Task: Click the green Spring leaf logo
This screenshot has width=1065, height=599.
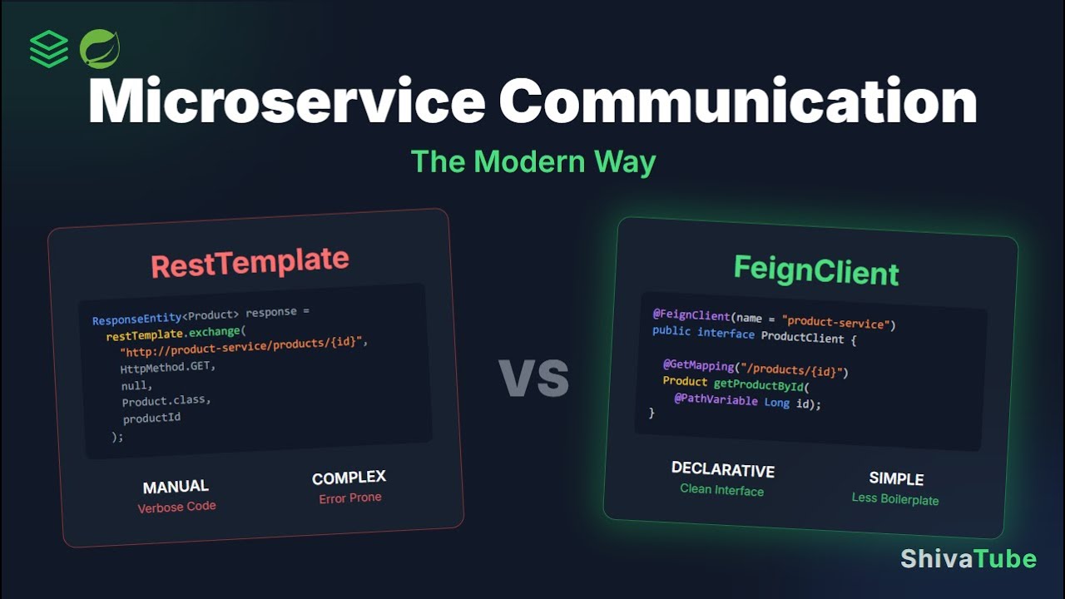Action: click(100, 49)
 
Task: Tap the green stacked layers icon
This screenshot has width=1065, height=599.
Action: click(49, 49)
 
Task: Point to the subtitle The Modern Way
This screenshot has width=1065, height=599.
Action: click(533, 161)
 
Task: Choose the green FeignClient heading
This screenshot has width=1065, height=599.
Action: click(815, 271)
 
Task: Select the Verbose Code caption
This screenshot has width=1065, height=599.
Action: click(176, 507)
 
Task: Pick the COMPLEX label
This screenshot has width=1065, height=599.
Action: click(349, 478)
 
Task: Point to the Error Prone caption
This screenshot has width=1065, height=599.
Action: click(350, 498)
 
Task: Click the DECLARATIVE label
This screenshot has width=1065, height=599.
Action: click(722, 470)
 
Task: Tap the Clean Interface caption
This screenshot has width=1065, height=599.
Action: click(721, 490)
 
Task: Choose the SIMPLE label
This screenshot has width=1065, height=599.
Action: click(896, 479)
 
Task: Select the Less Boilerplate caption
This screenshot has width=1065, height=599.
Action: click(894, 499)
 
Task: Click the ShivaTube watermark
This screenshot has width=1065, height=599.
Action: click(968, 559)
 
